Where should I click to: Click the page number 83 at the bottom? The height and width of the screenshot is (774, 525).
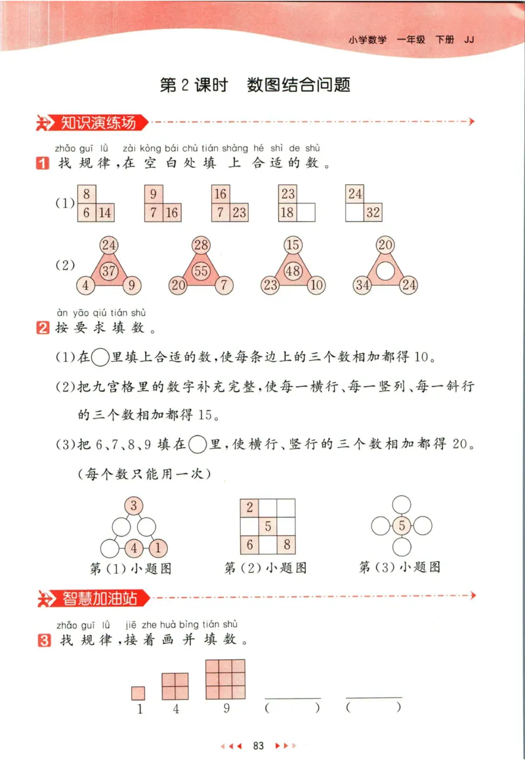tap(258, 746)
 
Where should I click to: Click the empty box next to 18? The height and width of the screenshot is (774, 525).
tap(306, 213)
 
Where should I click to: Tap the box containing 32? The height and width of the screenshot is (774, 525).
tap(373, 213)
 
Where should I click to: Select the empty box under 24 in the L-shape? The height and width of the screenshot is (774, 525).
tap(355, 213)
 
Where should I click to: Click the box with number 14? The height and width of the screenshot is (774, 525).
tap(105, 213)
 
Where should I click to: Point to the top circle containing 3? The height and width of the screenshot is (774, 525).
tap(134, 506)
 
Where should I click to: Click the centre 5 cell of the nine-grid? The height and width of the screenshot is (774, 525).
tap(268, 526)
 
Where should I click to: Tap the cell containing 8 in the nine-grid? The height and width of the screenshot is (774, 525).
tap(286, 544)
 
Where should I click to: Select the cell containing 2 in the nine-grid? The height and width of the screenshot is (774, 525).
tap(249, 508)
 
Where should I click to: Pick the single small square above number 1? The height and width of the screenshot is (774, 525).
tap(138, 693)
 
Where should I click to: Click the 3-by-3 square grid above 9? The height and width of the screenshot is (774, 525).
tap(225, 679)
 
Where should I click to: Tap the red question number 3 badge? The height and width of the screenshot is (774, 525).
tap(43, 640)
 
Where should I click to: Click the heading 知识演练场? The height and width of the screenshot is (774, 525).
tap(98, 122)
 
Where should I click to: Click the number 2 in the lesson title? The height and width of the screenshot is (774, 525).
tap(185, 85)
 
